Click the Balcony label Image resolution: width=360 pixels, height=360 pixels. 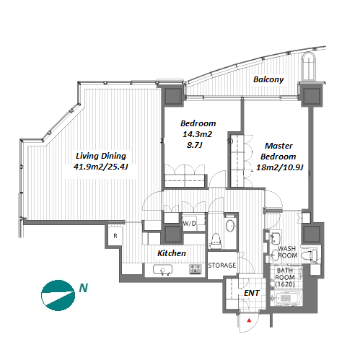(268, 79)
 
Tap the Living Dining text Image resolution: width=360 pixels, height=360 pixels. (101, 156)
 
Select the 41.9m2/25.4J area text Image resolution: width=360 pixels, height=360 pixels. (101, 167)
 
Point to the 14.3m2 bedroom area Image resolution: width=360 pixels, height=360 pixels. (197, 134)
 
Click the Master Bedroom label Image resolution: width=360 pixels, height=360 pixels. (278, 151)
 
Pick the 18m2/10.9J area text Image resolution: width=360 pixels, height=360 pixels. (279, 167)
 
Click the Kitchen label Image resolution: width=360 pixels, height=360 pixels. (172, 253)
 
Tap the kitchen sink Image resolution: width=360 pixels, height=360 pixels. (162, 270)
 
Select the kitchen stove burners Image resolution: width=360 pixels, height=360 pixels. (195, 269)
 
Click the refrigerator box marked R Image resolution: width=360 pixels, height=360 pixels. (115, 236)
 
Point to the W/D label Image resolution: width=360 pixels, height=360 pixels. (189, 224)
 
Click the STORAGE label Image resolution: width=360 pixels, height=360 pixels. (222, 265)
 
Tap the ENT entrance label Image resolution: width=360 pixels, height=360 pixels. (252, 293)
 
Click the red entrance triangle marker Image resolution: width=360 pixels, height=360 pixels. (250, 320)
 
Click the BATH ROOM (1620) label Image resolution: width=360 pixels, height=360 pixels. (285, 277)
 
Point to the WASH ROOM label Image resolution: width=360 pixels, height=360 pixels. (287, 252)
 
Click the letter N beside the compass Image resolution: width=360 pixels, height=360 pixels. (84, 288)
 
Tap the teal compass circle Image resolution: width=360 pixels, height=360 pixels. (58, 295)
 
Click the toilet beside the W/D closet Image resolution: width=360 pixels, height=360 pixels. (216, 241)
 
